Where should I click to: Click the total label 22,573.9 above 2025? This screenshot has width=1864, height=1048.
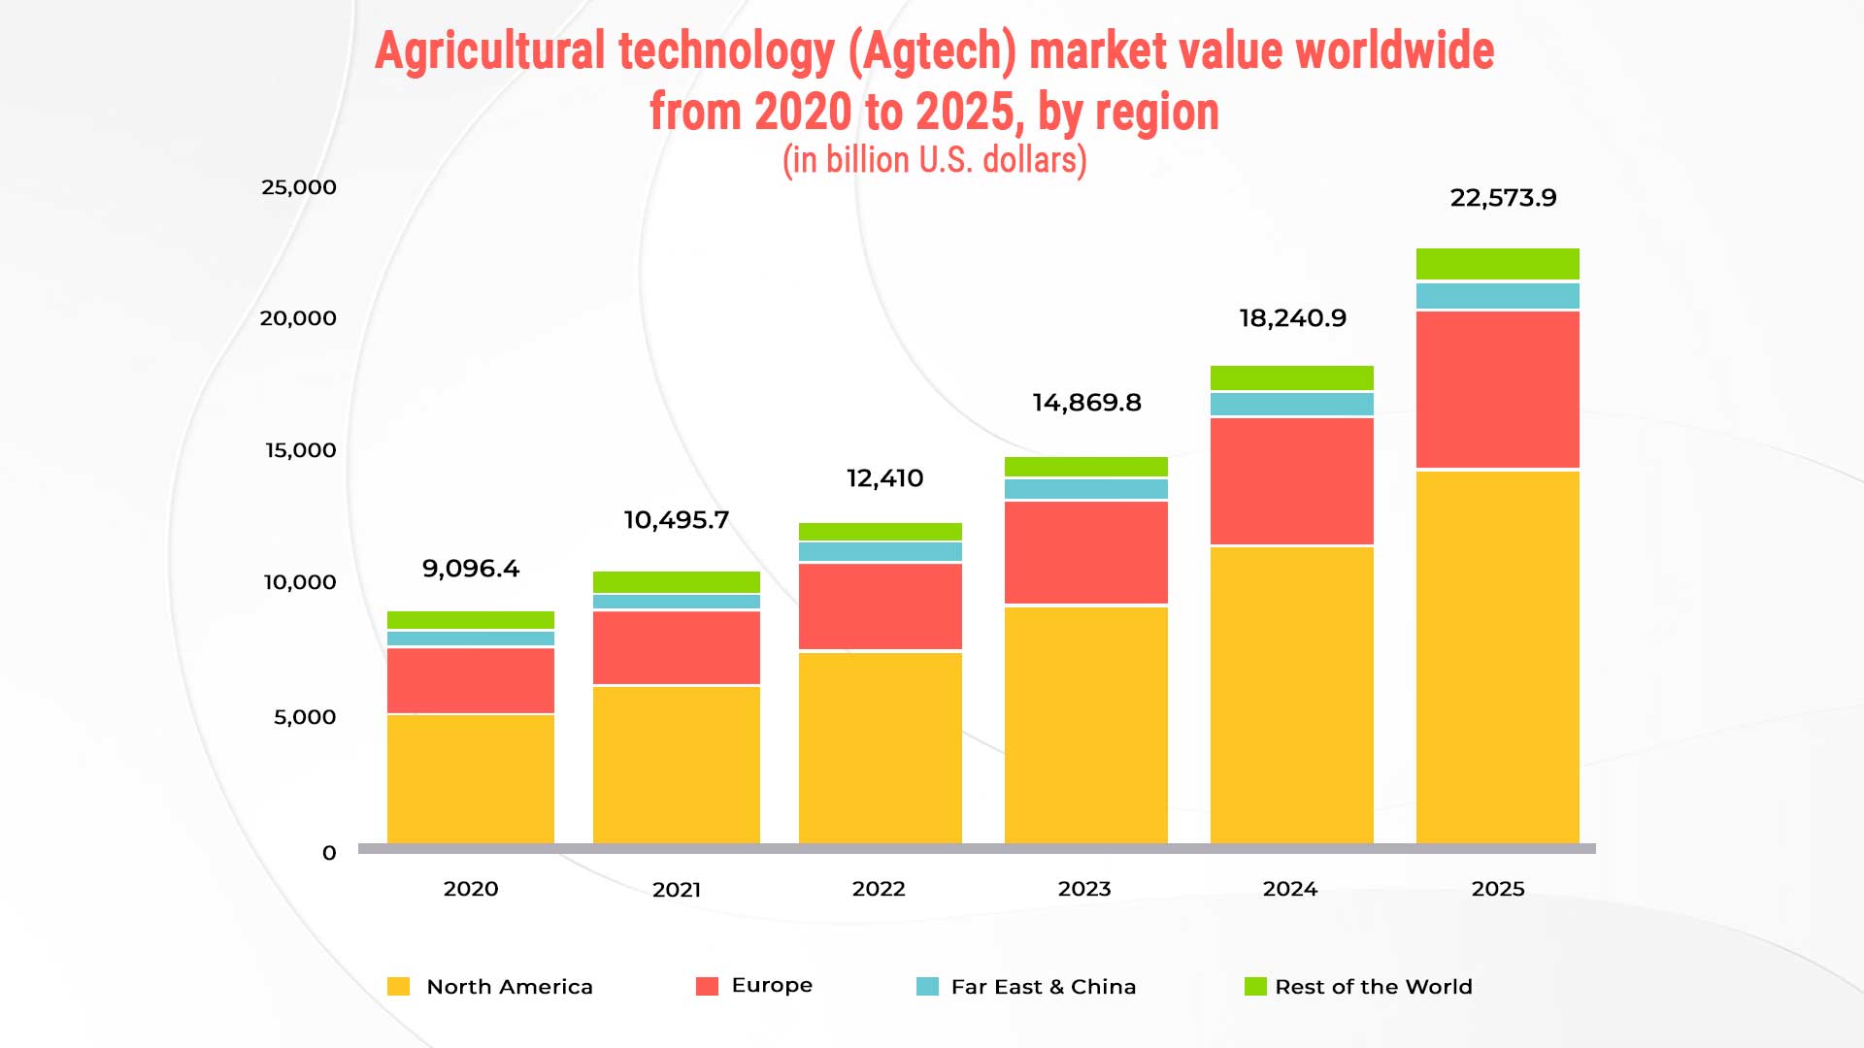[x=1503, y=198]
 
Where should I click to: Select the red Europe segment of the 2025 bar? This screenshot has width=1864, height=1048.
[x=1497, y=389]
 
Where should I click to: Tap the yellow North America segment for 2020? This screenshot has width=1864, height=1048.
[x=471, y=778]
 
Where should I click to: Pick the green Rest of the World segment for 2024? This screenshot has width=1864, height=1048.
[x=1291, y=377]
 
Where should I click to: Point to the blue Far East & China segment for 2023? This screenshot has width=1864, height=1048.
[x=1085, y=489]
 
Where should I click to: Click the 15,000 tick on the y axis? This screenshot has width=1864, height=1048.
[x=301, y=450]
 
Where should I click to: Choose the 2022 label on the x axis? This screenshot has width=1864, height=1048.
[x=879, y=889]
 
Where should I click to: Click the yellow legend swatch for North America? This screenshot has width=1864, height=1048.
[x=398, y=987]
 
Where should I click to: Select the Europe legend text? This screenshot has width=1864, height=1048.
[x=772, y=985]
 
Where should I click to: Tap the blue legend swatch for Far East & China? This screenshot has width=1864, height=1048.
[x=927, y=987]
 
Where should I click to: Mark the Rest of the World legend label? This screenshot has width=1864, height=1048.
[x=1373, y=987]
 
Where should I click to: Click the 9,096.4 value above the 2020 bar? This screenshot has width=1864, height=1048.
[x=471, y=569]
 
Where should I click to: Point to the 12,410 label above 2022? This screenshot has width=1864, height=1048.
[x=884, y=478]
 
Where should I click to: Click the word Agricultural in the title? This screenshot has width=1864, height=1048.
[x=490, y=50]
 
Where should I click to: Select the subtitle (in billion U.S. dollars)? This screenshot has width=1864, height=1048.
[x=934, y=160]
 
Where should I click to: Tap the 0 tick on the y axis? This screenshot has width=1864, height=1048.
[x=329, y=853]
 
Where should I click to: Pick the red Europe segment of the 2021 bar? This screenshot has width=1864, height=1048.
[x=676, y=647]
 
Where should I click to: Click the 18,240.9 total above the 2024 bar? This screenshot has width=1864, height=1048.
[x=1292, y=318]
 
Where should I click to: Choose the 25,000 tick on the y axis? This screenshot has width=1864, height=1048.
[x=299, y=187]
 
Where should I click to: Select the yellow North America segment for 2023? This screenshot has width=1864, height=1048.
[x=1085, y=724]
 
